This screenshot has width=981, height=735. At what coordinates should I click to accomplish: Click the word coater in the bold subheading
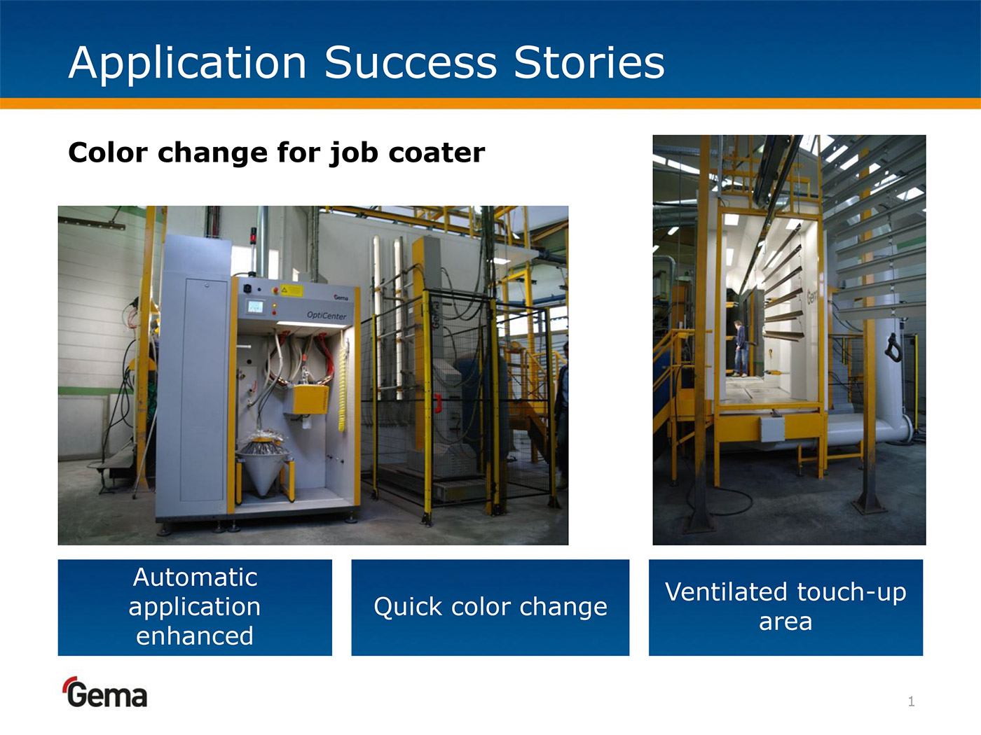(x=437, y=153)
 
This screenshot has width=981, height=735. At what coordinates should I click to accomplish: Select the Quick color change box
(x=490, y=608)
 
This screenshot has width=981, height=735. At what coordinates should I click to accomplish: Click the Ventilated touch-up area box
(x=786, y=608)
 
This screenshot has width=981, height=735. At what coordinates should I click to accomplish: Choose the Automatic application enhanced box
(x=195, y=608)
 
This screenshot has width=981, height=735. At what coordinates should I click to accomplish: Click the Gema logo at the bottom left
(x=106, y=692)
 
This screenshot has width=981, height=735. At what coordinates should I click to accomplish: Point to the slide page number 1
(x=911, y=701)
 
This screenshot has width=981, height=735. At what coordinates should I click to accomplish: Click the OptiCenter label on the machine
(x=327, y=316)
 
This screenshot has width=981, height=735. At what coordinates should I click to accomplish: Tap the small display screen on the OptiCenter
(x=255, y=307)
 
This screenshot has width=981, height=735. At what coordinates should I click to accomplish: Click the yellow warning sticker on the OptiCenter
(x=291, y=291)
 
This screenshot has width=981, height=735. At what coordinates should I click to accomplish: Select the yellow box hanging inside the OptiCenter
(x=310, y=400)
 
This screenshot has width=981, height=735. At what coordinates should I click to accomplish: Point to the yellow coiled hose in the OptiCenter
(x=343, y=386)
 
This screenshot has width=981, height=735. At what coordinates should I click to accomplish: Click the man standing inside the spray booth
(x=740, y=349)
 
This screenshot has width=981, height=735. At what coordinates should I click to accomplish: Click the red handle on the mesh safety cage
(x=439, y=402)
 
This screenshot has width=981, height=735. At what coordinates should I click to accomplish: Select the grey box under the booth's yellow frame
(x=772, y=429)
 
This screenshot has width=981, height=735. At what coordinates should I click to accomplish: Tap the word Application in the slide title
(x=188, y=64)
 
